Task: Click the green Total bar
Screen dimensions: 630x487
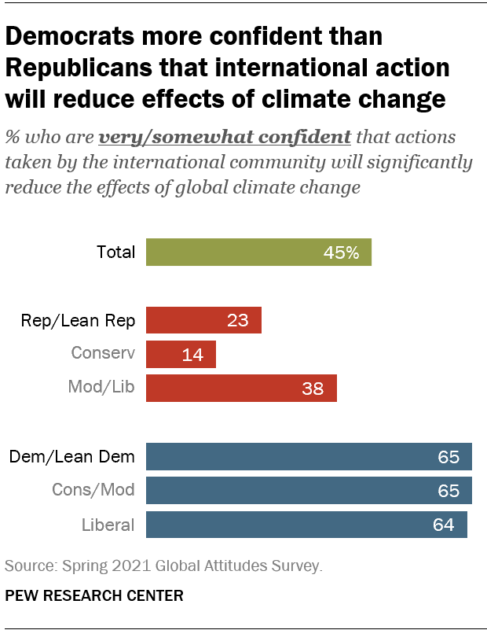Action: click(258, 252)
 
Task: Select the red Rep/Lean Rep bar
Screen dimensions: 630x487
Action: click(203, 320)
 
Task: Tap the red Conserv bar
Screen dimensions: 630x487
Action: click(181, 354)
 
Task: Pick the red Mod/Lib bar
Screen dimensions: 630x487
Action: click(241, 388)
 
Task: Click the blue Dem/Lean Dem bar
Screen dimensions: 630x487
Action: click(309, 456)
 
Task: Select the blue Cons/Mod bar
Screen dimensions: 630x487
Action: click(309, 490)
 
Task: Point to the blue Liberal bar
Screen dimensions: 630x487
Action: click(306, 525)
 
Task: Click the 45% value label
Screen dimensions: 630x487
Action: click(341, 253)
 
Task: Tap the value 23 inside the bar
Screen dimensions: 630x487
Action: click(237, 321)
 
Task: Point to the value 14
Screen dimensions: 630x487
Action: click(192, 355)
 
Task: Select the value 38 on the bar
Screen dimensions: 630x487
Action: click(313, 389)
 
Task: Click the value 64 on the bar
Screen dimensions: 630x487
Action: click(443, 525)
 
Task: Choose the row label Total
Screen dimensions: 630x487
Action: click(116, 252)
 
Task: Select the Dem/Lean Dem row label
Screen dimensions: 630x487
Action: click(71, 456)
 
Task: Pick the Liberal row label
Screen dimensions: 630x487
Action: click(108, 525)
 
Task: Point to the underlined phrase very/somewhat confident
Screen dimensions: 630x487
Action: click(225, 137)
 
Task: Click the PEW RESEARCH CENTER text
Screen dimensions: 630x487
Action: click(94, 596)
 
